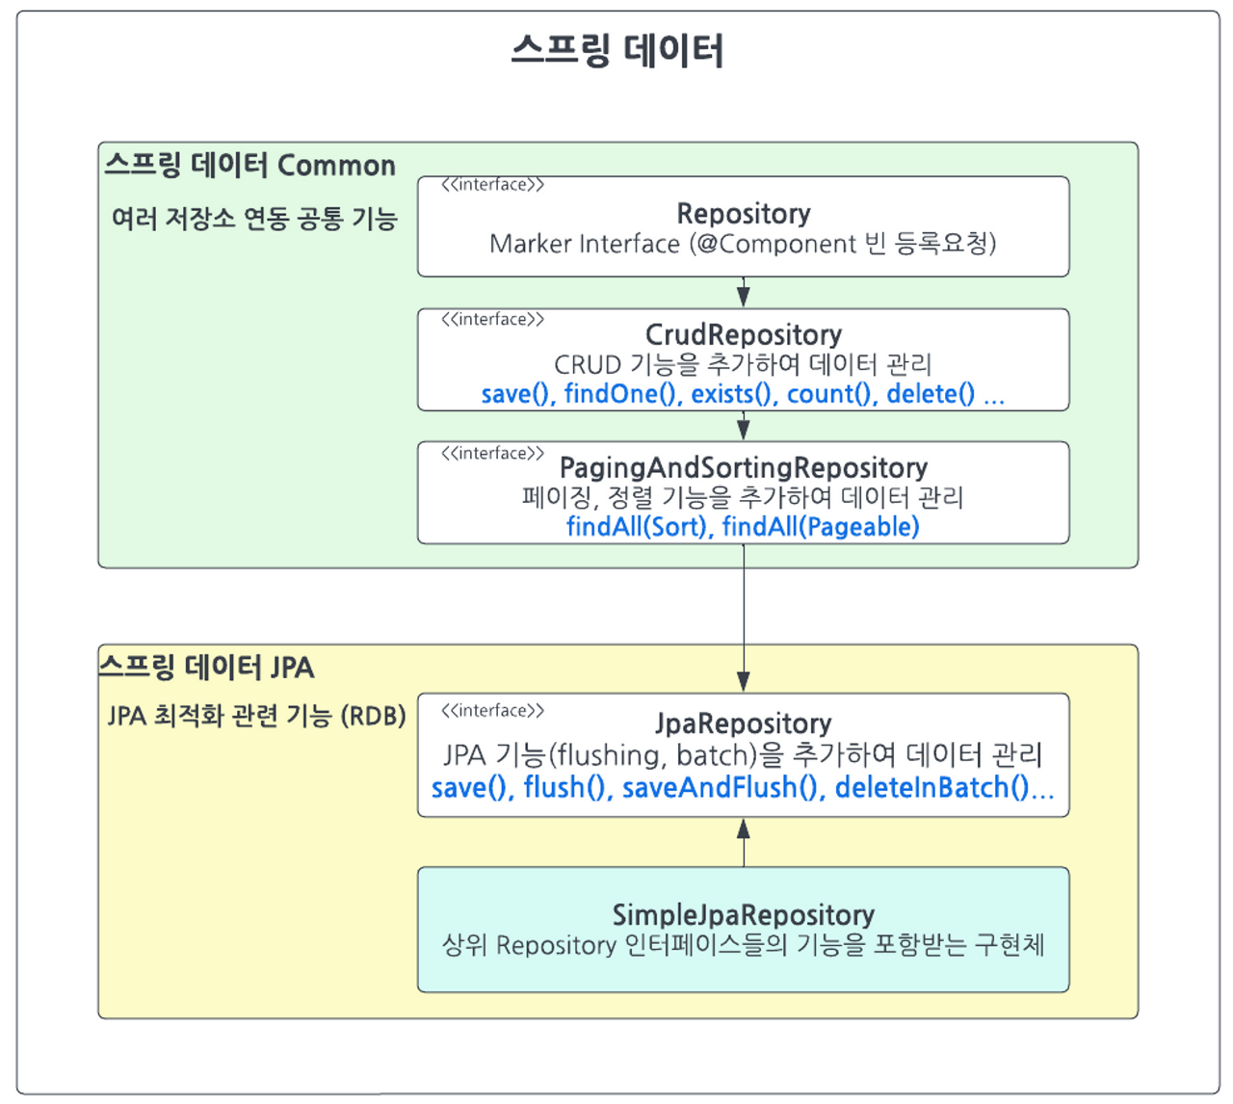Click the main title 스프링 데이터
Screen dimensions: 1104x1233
coord(616,50)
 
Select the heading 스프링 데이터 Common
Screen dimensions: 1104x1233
coord(250,166)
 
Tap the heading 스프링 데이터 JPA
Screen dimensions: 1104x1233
coord(208,667)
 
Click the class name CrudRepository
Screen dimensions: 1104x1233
coord(743,334)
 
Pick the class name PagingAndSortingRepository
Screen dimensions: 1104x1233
coord(743,468)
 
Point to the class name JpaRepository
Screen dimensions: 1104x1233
coord(743,723)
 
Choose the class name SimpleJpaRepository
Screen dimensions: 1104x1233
coord(743,914)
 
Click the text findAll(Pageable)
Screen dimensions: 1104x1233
coord(821,526)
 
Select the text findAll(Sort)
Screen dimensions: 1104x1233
coord(636,526)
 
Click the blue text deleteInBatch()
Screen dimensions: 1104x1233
coord(932,787)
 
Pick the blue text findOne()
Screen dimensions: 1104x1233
coord(620,393)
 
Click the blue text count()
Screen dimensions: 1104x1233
coord(831,393)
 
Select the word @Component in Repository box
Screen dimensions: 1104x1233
coord(776,244)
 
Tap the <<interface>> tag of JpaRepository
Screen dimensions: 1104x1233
coord(492,711)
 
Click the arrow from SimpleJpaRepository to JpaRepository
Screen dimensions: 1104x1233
coord(743,842)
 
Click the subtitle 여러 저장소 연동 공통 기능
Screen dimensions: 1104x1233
coord(254,219)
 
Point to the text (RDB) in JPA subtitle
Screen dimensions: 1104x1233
coord(374,716)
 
